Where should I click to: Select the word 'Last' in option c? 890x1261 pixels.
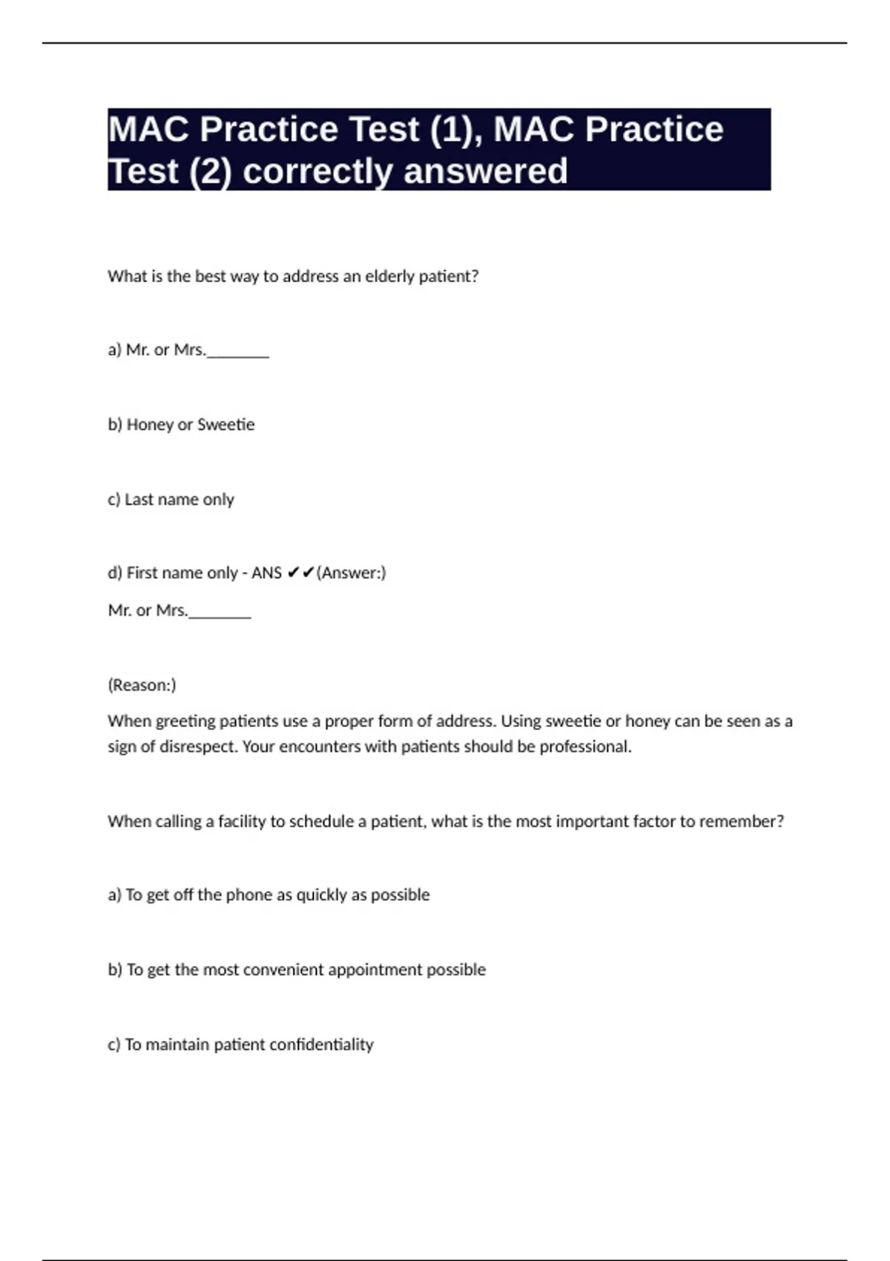(139, 500)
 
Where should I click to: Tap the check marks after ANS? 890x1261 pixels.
(300, 573)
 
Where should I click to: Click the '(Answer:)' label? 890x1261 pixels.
(351, 573)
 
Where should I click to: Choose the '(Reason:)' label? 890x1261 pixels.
(142, 685)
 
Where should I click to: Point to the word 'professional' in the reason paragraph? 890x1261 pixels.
(584, 747)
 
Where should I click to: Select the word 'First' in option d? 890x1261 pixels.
(142, 573)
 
